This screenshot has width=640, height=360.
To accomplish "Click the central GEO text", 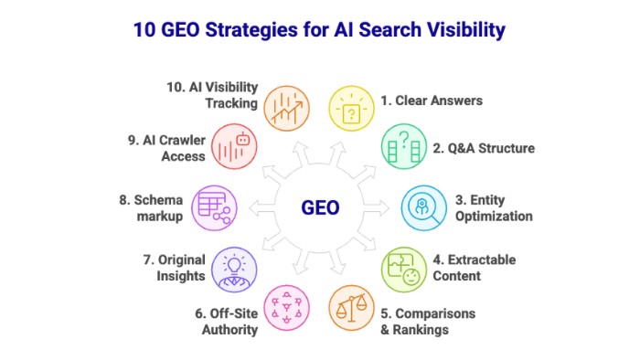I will tap(320, 207).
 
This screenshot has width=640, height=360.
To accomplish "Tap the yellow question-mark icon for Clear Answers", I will tap(352, 109).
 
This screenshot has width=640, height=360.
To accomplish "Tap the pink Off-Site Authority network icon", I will tap(287, 308).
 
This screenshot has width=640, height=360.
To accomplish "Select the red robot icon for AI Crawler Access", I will tap(235, 147).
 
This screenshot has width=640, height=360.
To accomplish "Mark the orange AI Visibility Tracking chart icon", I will tap(287, 109).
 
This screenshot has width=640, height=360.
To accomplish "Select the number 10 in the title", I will tap(144, 30).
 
